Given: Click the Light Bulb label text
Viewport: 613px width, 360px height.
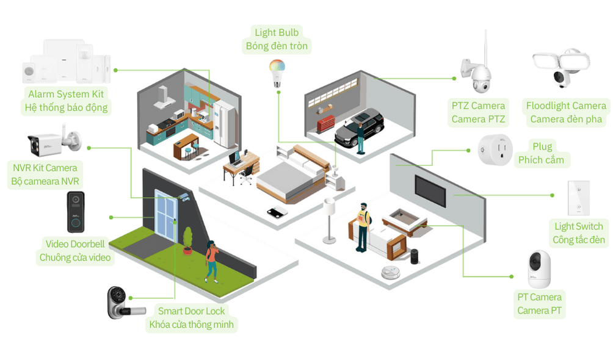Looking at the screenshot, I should pos(277,33).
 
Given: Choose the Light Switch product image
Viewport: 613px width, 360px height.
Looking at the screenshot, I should pos(577,199).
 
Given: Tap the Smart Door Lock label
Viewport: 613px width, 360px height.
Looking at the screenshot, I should pos(191,311).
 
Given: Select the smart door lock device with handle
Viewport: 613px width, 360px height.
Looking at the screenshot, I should pos(120,303).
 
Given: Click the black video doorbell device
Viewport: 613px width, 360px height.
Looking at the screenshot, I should pos(76,212).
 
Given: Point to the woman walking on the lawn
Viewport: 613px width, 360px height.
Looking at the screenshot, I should pos(211,261).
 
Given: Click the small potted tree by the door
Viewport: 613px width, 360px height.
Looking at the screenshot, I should pos(187,240).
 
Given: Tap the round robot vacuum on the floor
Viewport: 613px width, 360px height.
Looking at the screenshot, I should pos(390,273).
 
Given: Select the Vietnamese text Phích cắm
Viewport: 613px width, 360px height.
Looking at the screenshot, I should pos(541,160).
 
